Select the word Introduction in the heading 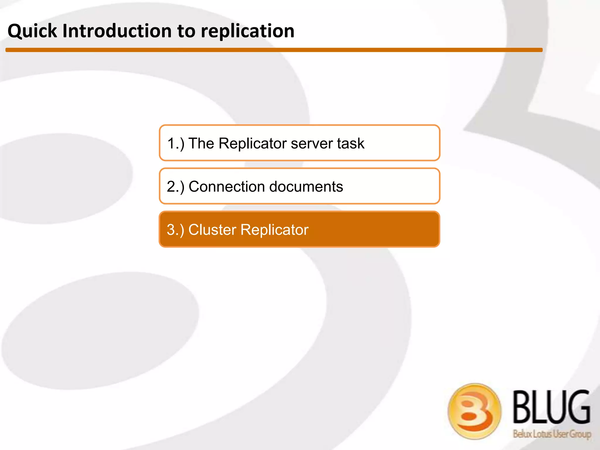(x=117, y=31)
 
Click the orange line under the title (x=274, y=50)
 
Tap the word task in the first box (x=351, y=144)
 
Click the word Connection (x=226, y=187)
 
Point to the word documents (x=306, y=187)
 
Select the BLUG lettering (x=551, y=407)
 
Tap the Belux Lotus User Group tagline (x=552, y=434)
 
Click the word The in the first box (x=201, y=144)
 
